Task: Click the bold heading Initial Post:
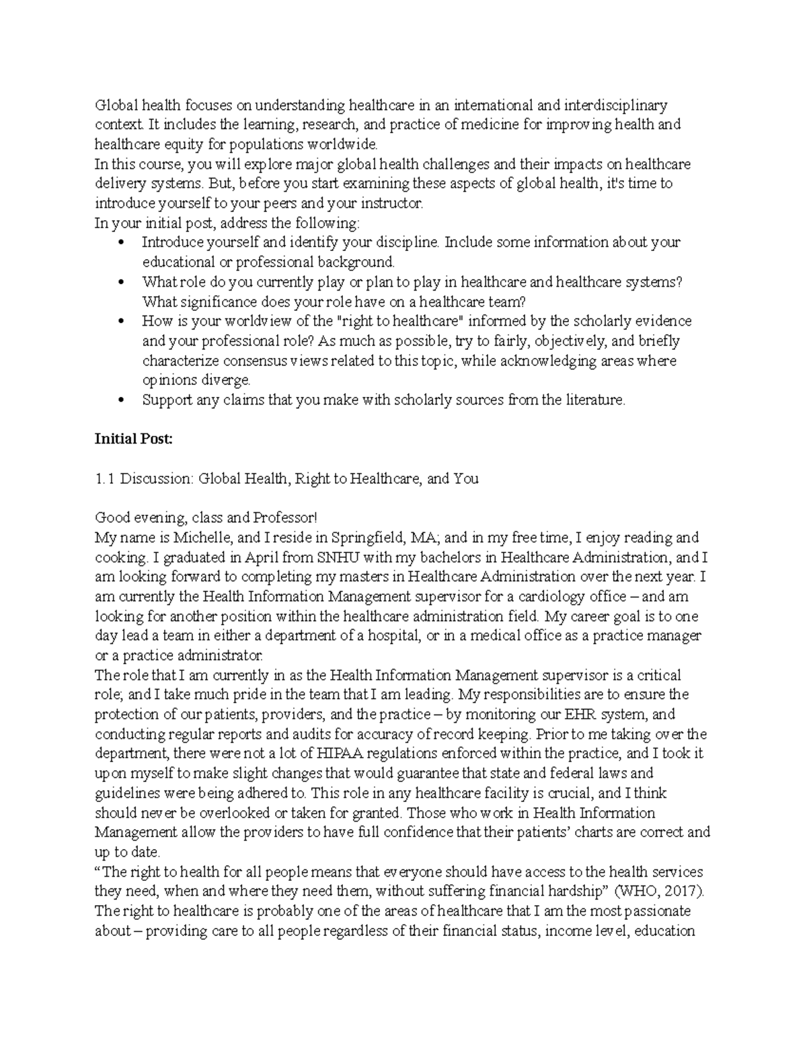tap(133, 439)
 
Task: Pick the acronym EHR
tap(592, 715)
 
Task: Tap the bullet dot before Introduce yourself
tap(121, 243)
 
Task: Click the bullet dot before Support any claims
tap(121, 400)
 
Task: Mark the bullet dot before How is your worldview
tap(121, 322)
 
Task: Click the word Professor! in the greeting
tap(283, 518)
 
